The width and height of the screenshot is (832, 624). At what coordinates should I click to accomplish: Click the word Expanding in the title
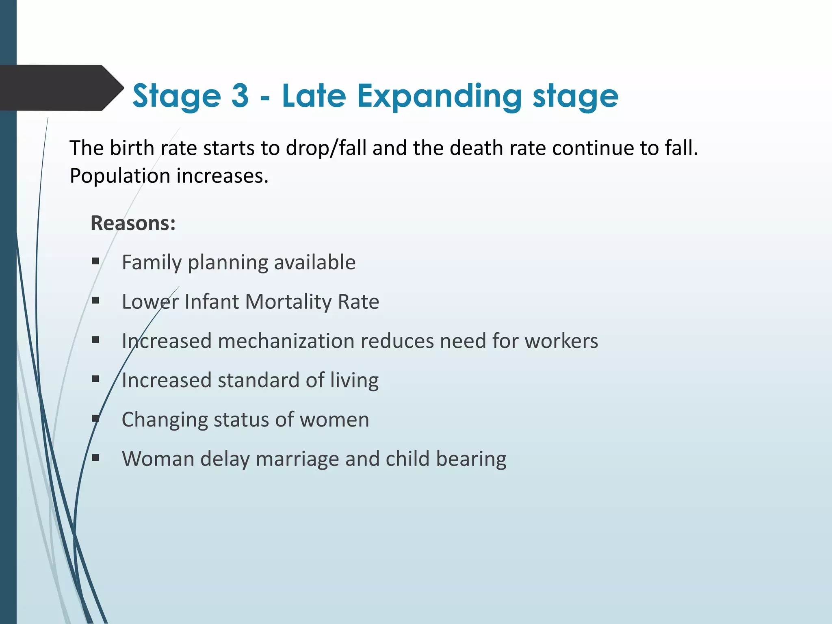pos(439,96)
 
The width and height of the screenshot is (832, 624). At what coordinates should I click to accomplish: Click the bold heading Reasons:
pos(133,223)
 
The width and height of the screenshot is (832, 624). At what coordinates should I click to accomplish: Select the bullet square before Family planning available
pos(96,261)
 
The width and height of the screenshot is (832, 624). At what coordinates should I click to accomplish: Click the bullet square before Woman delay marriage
pos(96,458)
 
